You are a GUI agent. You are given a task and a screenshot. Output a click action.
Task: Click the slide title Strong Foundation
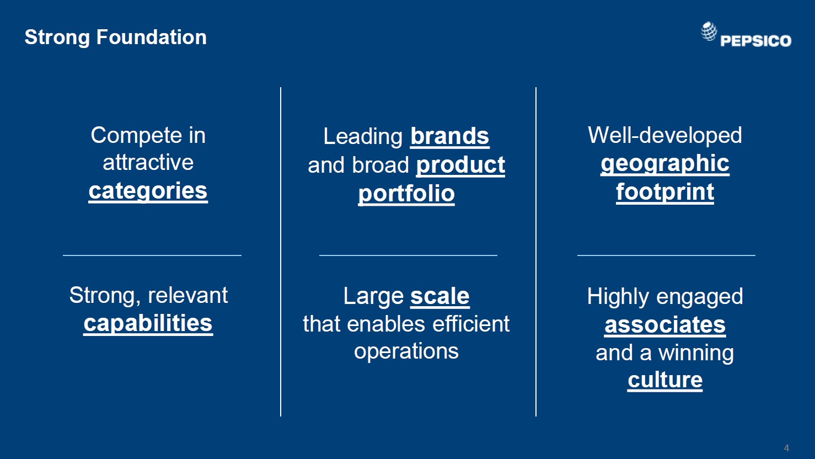point(115,38)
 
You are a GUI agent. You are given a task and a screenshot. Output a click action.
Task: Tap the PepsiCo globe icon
point(709,31)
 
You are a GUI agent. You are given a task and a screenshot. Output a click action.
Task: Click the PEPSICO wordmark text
point(755,41)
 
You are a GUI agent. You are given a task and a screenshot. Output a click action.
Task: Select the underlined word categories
point(148,191)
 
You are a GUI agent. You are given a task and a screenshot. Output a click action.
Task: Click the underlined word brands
point(450,136)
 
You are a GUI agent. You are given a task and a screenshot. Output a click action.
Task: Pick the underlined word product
point(460,166)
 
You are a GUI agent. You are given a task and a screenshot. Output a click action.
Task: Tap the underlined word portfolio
point(406,193)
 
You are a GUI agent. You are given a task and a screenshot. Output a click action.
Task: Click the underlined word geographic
point(665,163)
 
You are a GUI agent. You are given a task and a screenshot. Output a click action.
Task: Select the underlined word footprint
point(665,192)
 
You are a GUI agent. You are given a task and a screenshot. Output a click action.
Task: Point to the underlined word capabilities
point(148,324)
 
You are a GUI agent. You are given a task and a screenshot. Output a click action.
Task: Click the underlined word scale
point(440,296)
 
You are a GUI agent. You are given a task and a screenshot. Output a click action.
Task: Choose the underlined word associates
point(665,325)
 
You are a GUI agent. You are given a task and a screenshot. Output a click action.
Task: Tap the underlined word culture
point(665,380)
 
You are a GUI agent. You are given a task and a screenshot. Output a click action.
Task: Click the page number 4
point(786,448)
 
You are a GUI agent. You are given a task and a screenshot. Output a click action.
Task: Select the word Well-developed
point(664,135)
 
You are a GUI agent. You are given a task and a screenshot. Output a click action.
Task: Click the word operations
point(406,351)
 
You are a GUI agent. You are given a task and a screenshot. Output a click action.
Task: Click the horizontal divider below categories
point(152,255)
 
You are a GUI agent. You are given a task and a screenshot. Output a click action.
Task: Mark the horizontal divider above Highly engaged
point(666,255)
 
